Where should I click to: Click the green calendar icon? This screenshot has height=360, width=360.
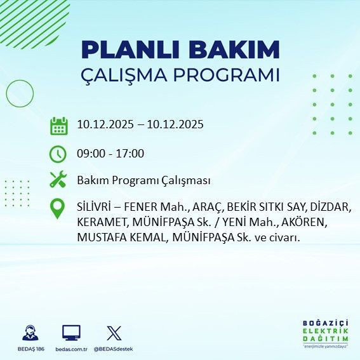point(58,125)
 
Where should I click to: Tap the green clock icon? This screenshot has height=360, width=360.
point(58,154)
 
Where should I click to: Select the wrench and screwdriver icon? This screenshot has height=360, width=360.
point(58,180)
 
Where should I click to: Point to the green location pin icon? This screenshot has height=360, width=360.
point(58,209)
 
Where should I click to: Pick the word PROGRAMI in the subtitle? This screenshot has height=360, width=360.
point(230,74)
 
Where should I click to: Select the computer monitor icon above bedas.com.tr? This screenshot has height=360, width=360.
point(71,333)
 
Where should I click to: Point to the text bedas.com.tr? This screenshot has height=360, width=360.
point(71,349)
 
